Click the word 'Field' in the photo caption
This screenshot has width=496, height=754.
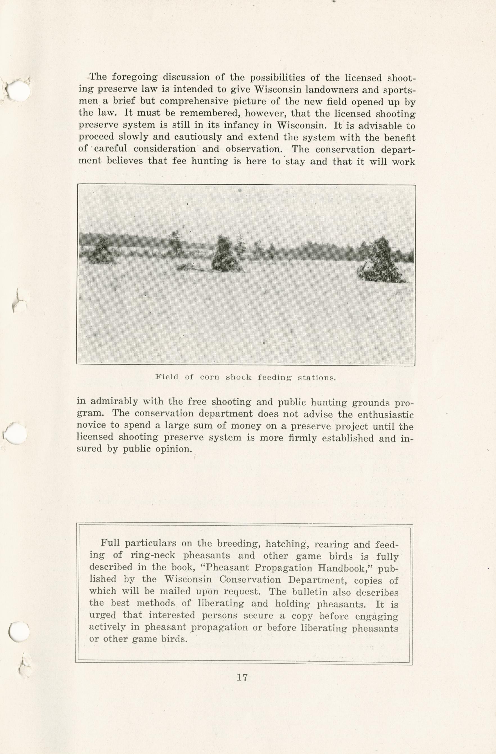pos(167,377)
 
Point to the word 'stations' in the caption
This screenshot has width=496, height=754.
pos(317,378)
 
